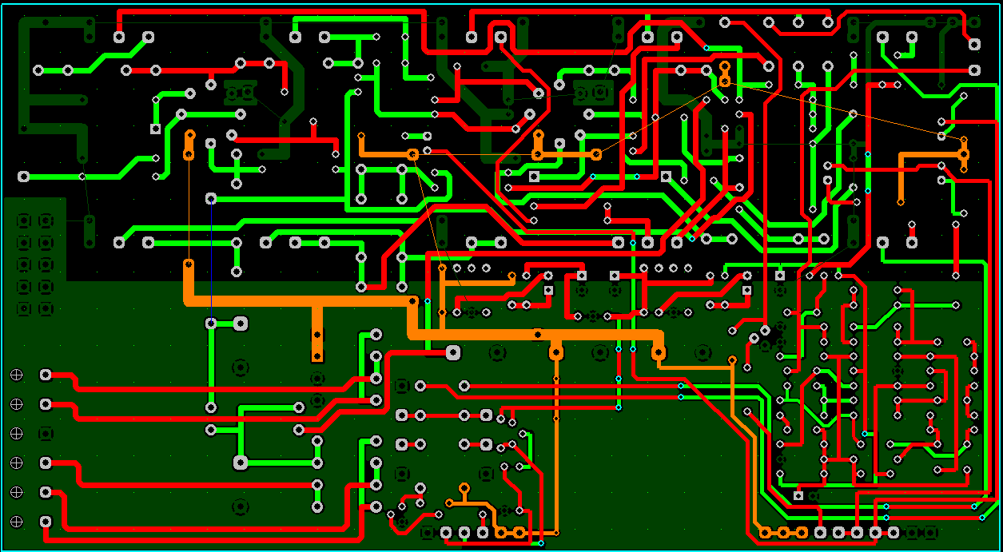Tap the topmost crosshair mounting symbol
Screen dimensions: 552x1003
point(16,374)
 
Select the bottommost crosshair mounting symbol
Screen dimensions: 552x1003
point(16,522)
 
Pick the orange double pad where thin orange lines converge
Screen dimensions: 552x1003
point(724,73)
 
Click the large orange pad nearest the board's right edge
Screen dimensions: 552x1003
point(964,153)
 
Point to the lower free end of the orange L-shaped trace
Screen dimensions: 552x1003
point(901,202)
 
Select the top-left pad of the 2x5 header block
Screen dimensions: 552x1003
point(24,220)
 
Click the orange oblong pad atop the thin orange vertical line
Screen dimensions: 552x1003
point(189,144)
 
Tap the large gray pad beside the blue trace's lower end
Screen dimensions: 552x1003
point(240,323)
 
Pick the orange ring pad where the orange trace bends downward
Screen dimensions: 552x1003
point(412,153)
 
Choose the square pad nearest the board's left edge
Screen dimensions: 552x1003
point(156,129)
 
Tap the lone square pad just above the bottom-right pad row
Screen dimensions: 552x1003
point(798,496)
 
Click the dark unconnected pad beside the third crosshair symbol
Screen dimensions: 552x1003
point(46,433)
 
